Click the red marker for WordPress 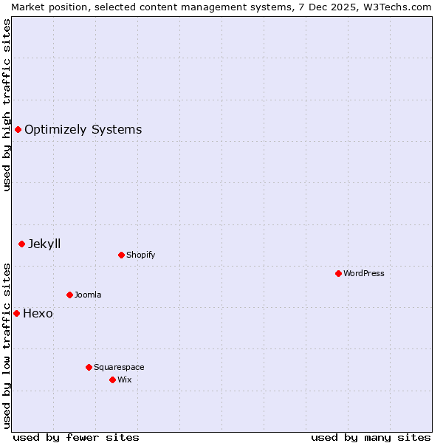[x=338, y=273]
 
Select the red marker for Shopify [x=121, y=255]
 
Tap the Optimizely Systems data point [x=18, y=130]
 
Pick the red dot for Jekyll [x=21, y=244]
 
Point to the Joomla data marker [x=69, y=295]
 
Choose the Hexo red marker [x=16, y=313]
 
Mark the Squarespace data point [x=89, y=367]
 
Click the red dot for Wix [x=112, y=380]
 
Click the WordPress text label [x=364, y=273]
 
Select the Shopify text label [x=141, y=255]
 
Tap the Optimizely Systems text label [x=83, y=130]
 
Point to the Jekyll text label [x=44, y=244]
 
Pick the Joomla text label [x=88, y=295]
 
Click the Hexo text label [x=38, y=313]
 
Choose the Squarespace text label [x=119, y=367]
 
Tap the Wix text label [x=125, y=380]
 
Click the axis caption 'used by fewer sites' [x=76, y=437]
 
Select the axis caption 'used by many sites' [x=371, y=437]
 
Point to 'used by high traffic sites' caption [x=7, y=105]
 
